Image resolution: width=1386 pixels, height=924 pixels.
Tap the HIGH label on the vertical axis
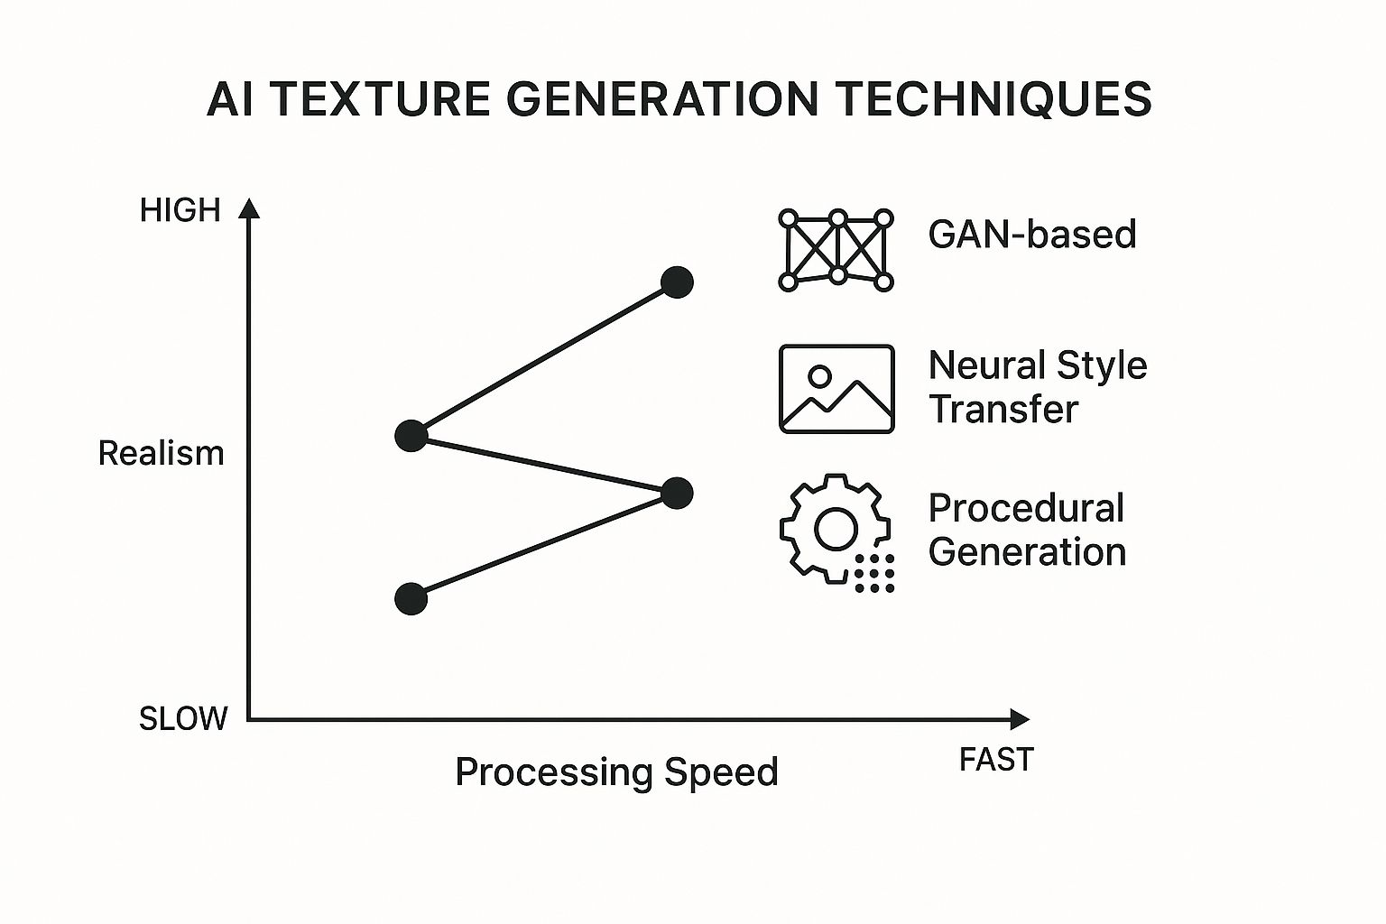point(180,210)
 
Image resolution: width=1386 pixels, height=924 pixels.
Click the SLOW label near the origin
point(183,719)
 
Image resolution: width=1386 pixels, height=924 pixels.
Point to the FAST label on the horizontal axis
point(996,761)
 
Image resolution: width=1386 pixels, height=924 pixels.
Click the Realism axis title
point(161,453)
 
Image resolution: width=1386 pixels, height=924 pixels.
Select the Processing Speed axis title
point(616,772)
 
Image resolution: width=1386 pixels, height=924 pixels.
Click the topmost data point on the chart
point(677,282)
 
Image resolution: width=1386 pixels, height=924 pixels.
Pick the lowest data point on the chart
point(411,598)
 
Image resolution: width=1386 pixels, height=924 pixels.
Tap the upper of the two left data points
point(411,436)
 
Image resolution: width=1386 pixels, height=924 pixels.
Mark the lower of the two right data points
point(677,493)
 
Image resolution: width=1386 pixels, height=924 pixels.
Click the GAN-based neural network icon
point(836,250)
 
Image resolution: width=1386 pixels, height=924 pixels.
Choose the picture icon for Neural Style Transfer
point(836,389)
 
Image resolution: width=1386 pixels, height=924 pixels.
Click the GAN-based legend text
point(1031,235)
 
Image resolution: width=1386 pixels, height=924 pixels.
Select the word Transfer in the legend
point(1003,409)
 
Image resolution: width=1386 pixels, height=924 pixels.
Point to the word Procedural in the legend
point(1026,508)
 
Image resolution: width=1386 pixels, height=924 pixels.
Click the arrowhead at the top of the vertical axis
point(250,209)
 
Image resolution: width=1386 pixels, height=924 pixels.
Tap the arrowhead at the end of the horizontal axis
point(1020,719)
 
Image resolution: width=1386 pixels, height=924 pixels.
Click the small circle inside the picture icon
point(819,374)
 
